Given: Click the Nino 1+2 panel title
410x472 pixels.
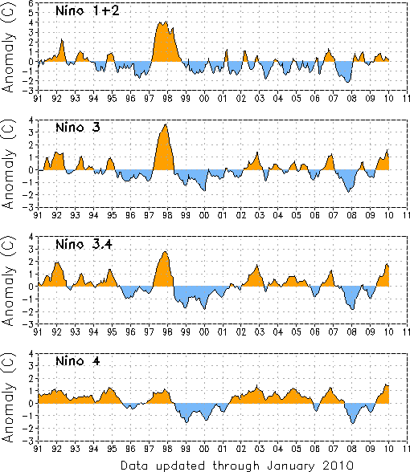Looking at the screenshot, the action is tap(88, 11).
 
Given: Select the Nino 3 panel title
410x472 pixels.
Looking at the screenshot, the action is tap(78, 128).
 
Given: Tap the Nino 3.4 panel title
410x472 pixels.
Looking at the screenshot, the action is tap(84, 244).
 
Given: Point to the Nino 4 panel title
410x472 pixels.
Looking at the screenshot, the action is tap(78, 361).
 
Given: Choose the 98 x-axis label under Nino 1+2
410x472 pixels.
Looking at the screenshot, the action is tap(167, 99).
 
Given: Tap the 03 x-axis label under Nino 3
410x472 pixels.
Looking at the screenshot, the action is tap(259, 215).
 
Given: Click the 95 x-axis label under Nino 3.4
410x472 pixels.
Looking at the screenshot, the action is tap(112, 332).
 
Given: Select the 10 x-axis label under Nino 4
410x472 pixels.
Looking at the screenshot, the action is tap(388, 449).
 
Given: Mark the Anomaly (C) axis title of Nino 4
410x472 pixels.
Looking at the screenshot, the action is tap(8, 397).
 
